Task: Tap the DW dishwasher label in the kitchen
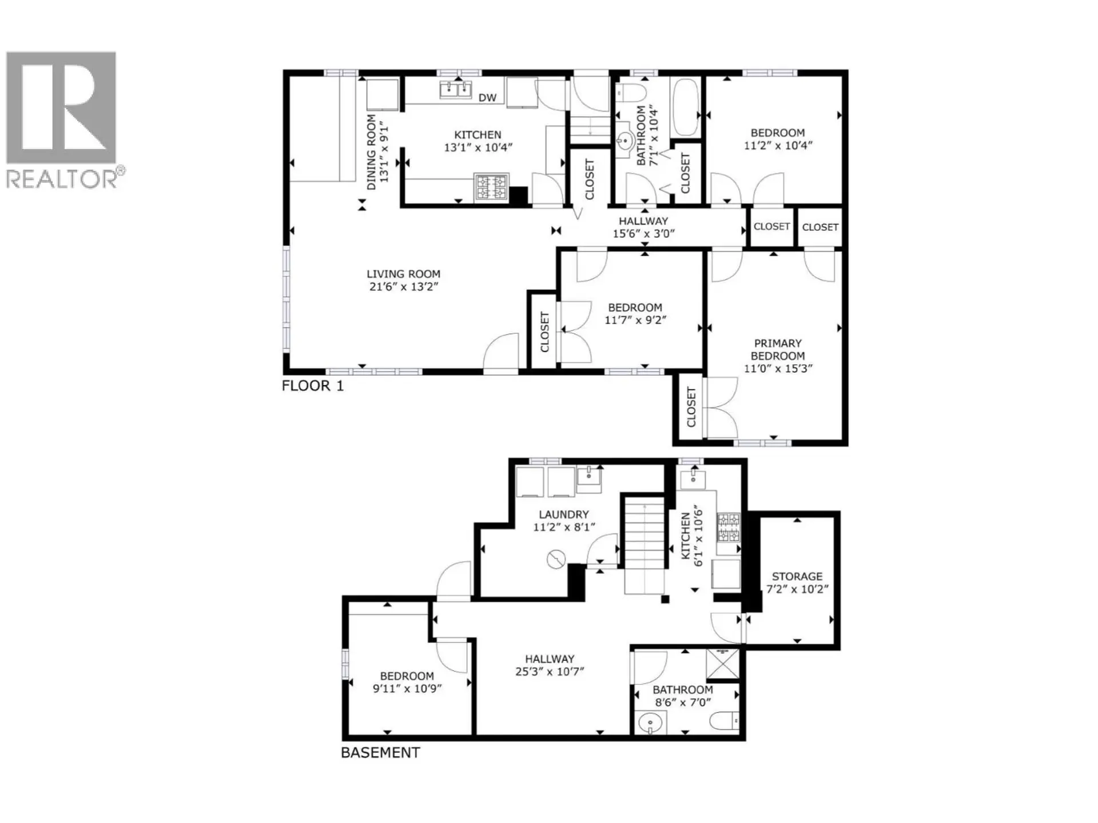coord(487,98)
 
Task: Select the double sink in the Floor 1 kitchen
coord(456,90)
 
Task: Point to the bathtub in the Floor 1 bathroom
coord(685,107)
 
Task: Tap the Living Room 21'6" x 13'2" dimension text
coord(404,287)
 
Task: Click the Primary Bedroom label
coord(777,349)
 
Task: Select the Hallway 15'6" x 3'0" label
coord(643,227)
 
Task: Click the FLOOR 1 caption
coord(313,386)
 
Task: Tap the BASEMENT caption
coord(380,753)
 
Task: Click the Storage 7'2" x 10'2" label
coord(797,582)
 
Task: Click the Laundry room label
coord(563,514)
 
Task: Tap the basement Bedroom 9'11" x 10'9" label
coord(407,682)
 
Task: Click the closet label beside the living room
coord(544,331)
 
